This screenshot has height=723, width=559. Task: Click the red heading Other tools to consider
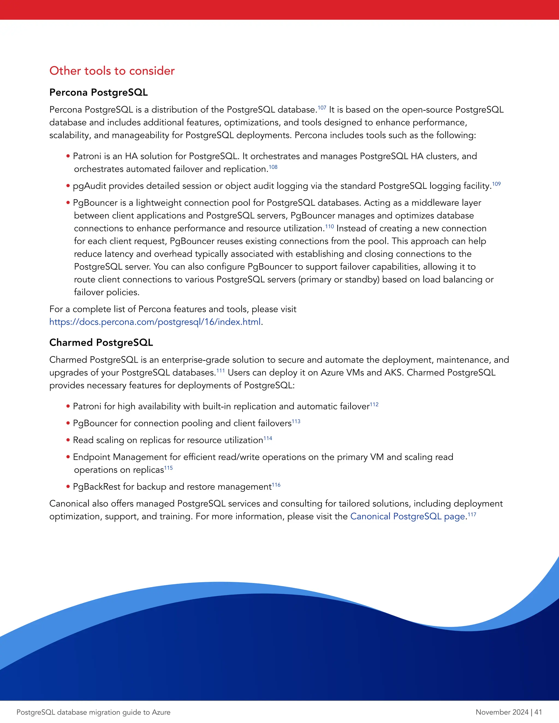pyautogui.click(x=112, y=71)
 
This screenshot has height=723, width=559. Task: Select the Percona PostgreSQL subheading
pyautogui.click(x=98, y=92)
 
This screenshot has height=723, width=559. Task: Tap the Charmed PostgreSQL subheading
pyautogui.click(x=101, y=342)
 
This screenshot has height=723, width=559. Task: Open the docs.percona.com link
pyautogui.click(x=155, y=322)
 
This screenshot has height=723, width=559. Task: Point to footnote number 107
pyautogui.click(x=322, y=107)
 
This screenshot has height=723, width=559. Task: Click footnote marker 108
pyautogui.click(x=273, y=167)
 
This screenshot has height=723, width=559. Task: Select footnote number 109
pyautogui.click(x=496, y=184)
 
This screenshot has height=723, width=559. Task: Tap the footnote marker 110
pyautogui.click(x=329, y=226)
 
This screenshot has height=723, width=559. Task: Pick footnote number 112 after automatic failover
pyautogui.click(x=374, y=404)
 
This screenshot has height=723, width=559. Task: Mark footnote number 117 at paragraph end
pyautogui.click(x=472, y=515)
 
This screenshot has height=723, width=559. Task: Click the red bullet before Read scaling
pyautogui.click(x=68, y=440)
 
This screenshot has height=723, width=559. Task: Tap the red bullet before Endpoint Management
pyautogui.click(x=68, y=457)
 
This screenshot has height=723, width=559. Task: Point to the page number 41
pyautogui.click(x=538, y=712)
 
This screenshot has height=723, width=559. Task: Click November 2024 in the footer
pyautogui.click(x=502, y=712)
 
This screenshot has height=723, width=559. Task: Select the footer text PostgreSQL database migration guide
pyautogui.click(x=93, y=712)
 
